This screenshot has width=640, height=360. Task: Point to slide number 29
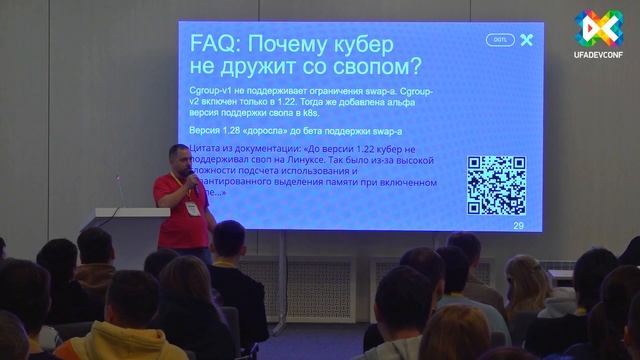518,225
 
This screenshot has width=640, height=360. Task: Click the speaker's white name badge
190,208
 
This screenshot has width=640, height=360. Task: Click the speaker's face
179,161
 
